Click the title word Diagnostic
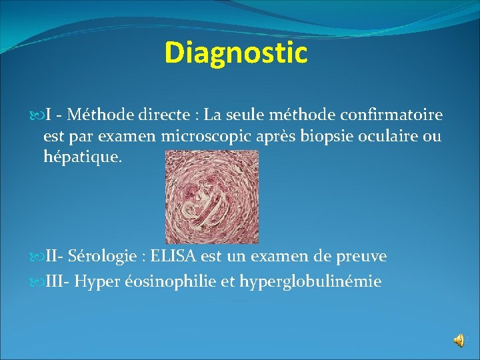[236, 53]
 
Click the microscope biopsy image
[211, 197]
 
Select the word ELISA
[175, 257]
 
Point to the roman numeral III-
[57, 282]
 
